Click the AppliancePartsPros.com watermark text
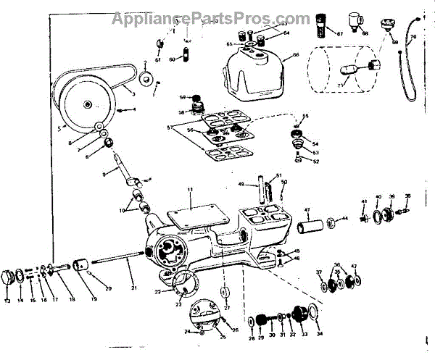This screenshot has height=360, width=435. click(x=210, y=16)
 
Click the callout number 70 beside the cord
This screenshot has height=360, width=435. click(x=413, y=35)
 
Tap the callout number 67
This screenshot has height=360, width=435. click(x=339, y=33)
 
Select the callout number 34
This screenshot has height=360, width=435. click(x=320, y=334)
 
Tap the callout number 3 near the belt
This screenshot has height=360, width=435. click(x=133, y=93)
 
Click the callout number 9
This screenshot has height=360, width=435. click(x=104, y=174)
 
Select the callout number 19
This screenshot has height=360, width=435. click(x=92, y=298)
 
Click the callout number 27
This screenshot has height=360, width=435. click(x=227, y=308)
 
